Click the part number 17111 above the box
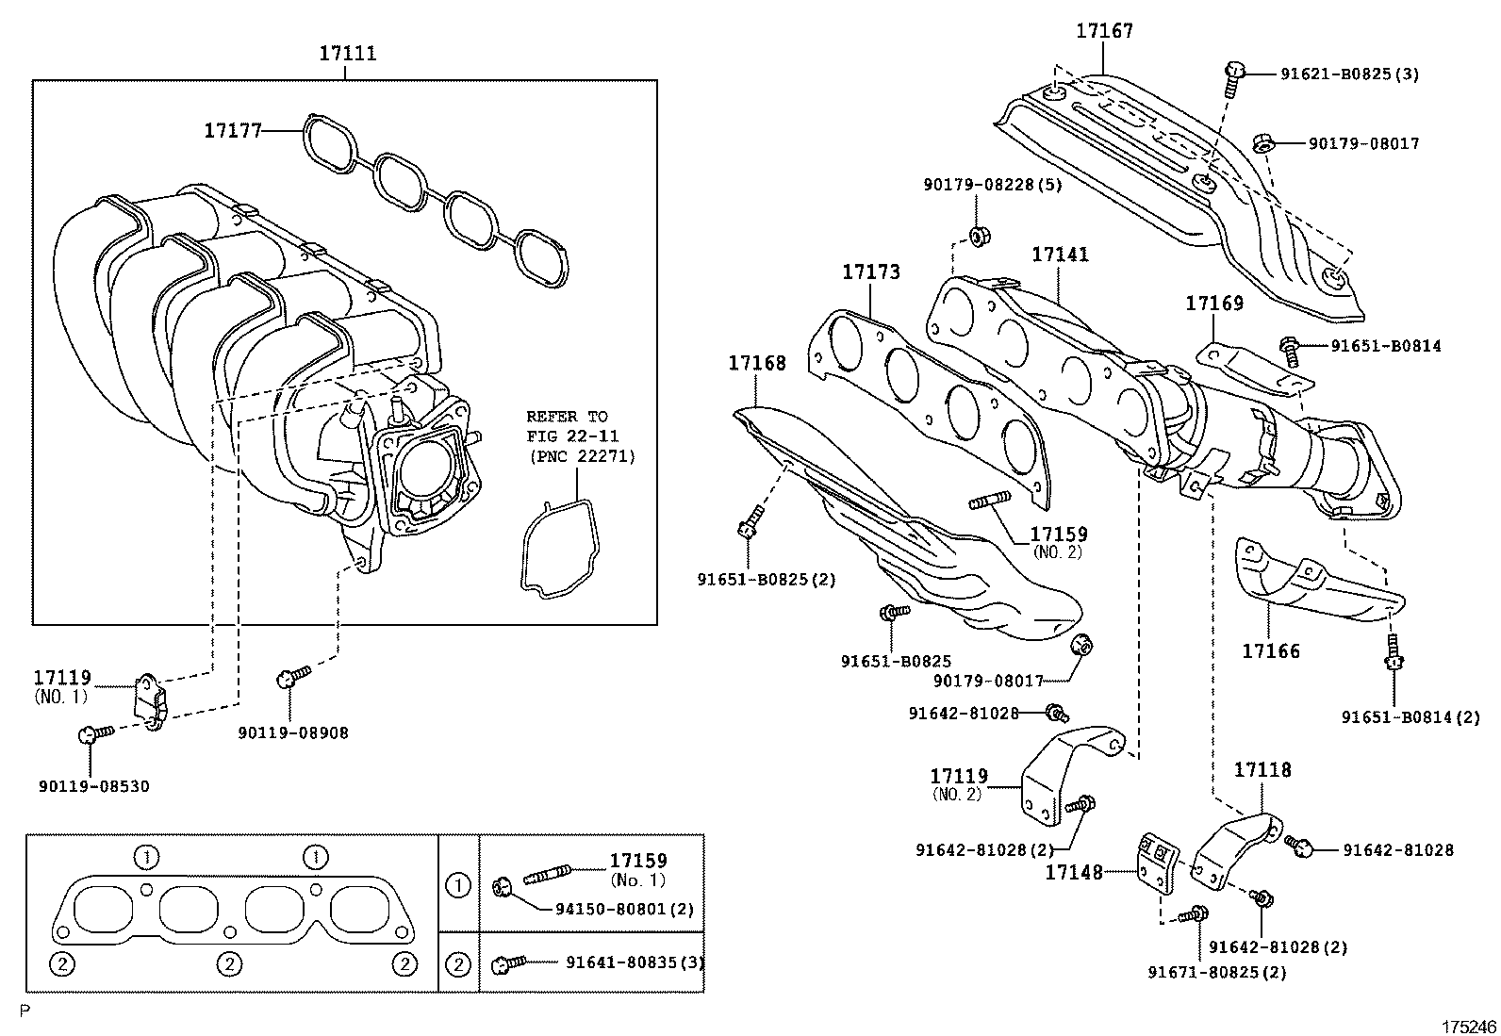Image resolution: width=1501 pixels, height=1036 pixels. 347,54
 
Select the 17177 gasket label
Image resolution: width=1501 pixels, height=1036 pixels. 233,131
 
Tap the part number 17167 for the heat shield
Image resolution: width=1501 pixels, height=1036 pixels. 1104,31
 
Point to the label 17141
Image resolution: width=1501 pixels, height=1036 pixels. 1060,255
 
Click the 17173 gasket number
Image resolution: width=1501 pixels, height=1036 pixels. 871,272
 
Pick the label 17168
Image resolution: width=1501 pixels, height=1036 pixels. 757,363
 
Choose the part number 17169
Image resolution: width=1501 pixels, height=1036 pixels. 1214,304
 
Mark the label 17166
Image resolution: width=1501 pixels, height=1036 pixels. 1271,651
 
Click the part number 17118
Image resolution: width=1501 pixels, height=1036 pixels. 1262,770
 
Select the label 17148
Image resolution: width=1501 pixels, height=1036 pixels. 1074,873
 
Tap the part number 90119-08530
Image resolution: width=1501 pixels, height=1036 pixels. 94,786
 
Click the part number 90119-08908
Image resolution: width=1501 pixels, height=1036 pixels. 293,733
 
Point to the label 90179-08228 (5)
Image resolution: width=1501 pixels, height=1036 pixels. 993,184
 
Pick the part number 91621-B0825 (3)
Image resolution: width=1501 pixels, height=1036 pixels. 1349,74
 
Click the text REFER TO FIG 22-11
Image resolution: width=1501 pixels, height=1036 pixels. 572,426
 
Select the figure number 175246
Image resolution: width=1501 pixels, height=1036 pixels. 1469,1027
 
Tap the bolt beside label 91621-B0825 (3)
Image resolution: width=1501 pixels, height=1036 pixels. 1233,80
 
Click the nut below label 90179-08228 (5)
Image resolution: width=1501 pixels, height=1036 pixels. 981,236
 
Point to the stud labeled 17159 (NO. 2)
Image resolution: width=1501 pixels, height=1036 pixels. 990,500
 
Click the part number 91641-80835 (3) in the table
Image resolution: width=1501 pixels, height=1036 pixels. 635,963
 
